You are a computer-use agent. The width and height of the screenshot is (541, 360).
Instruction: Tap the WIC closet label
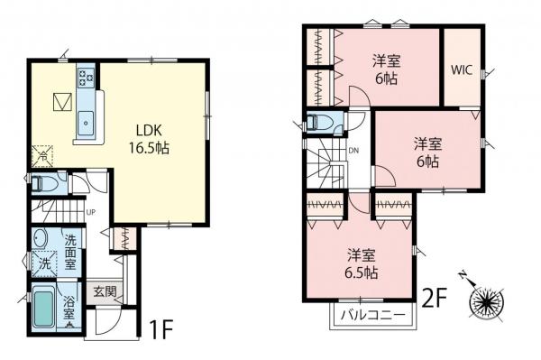click(462, 69)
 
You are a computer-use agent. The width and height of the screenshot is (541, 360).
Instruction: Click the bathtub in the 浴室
click(43, 309)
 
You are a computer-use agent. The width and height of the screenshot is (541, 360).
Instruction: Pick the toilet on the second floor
click(321, 122)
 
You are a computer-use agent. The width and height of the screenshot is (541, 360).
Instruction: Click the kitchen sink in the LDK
click(87, 120)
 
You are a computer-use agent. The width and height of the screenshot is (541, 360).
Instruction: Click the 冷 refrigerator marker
click(41, 155)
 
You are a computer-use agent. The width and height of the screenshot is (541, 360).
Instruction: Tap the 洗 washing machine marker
click(42, 264)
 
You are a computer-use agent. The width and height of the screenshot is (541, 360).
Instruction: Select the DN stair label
click(353, 151)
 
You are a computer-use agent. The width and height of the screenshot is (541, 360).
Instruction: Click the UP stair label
click(91, 213)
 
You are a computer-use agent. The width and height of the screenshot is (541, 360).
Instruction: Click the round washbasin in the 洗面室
click(41, 239)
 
